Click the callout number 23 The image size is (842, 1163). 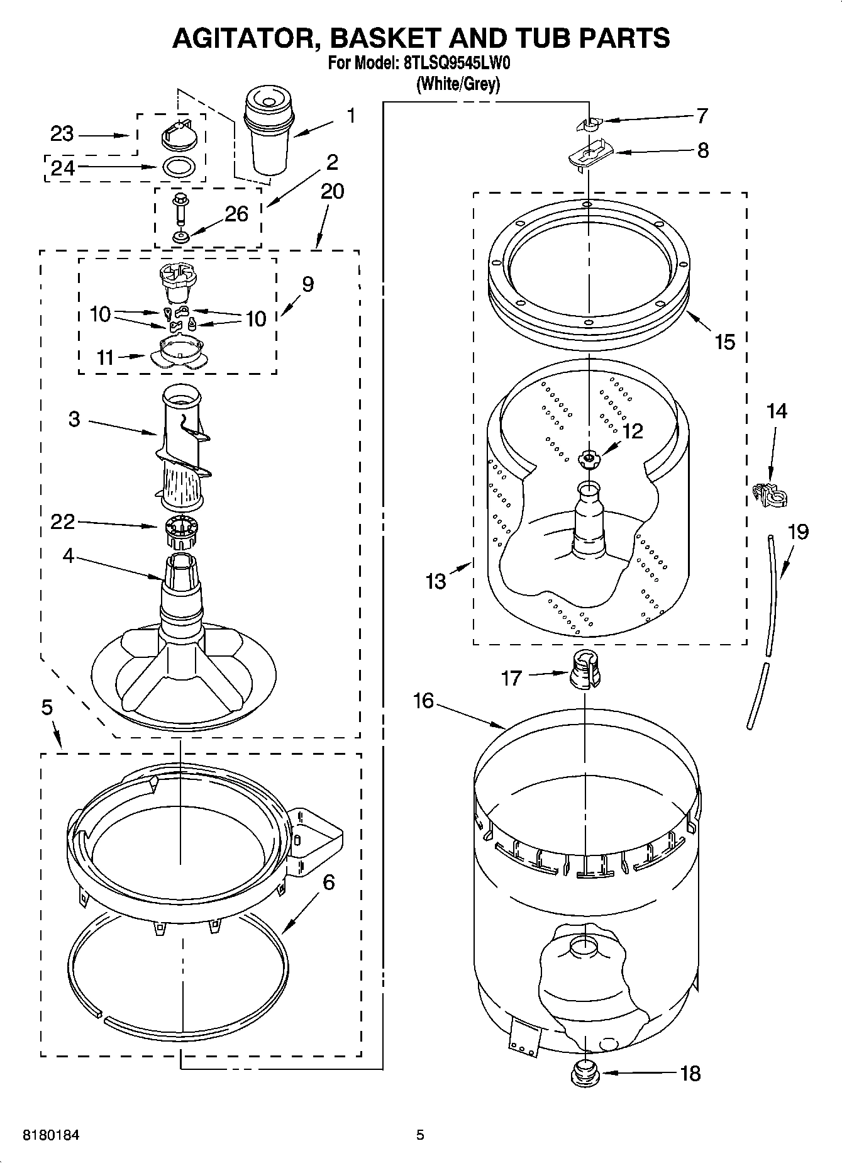pos(62,134)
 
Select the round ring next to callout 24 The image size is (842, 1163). pos(179,167)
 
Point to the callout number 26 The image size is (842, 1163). pos(236,214)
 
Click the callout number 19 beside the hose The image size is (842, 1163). pos(798,532)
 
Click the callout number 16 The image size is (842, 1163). pos(423,700)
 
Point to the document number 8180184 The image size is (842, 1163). pos(52,1135)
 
